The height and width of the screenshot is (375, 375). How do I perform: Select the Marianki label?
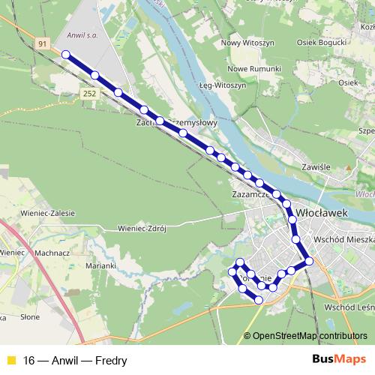click(x=100, y=265)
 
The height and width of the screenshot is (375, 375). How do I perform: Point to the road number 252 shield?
click(x=90, y=93)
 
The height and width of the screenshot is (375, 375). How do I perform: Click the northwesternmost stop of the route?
click(x=66, y=54)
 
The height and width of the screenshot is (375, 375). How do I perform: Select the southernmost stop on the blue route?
click(x=259, y=300)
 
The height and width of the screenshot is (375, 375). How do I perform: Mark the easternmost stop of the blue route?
click(x=308, y=261)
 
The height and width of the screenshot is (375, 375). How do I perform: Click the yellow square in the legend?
click(x=10, y=359)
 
